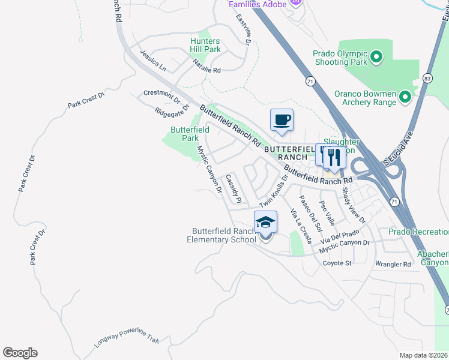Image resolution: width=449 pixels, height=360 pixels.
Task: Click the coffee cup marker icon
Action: [x=282, y=120]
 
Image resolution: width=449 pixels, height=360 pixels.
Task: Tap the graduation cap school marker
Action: [x=265, y=223]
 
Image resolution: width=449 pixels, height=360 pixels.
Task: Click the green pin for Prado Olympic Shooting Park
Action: [x=376, y=58]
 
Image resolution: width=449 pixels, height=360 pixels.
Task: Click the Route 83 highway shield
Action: [x=427, y=78]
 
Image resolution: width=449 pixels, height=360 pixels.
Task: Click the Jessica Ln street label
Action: [x=153, y=61]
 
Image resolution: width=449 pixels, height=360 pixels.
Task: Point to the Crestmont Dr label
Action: [x=161, y=95]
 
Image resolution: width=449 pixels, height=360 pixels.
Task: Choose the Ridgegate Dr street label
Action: [x=172, y=110]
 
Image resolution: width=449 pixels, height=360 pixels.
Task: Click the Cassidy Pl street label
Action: [x=233, y=188]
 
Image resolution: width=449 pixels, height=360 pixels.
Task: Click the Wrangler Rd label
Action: [x=393, y=264]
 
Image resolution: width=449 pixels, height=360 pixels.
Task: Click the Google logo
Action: [x=20, y=353]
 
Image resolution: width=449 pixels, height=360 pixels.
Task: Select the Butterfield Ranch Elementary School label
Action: [x=224, y=235]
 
